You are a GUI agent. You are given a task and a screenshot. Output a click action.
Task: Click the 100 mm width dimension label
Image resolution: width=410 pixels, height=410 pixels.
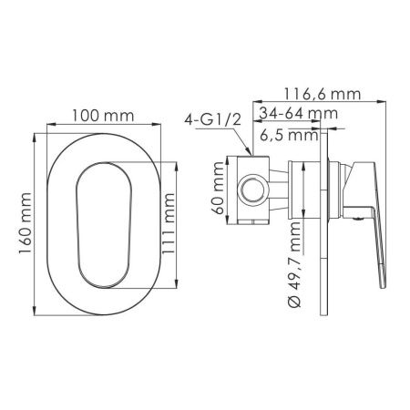point(103,116)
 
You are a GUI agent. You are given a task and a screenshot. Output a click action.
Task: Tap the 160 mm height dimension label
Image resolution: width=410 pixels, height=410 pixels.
point(25,223)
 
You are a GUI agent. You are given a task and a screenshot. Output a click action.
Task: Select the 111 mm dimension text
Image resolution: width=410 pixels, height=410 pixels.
point(169,224)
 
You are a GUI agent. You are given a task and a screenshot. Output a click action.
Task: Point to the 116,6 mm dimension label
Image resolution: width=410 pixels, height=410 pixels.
point(323,95)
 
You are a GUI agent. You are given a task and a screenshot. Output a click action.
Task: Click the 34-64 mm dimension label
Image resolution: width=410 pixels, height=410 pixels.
point(299,113)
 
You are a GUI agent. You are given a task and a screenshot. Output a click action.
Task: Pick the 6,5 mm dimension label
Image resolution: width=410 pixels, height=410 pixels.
point(289,135)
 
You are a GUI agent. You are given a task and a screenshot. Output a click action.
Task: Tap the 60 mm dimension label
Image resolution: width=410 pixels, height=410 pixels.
point(219,189)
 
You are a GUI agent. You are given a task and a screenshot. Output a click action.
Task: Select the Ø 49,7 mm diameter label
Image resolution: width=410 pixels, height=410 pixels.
point(294,265)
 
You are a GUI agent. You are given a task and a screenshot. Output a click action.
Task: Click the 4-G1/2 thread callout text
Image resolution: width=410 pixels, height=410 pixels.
point(212,120)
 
